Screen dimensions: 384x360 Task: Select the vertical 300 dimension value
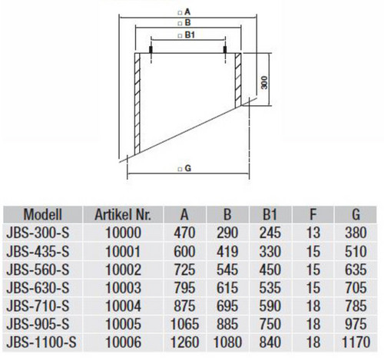coord(264,83)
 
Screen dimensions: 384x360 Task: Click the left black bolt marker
coord(151,50)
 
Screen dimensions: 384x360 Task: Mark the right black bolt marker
coord(225,50)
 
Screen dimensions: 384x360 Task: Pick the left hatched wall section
coord(137,104)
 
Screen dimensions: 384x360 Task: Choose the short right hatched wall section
coord(238,80)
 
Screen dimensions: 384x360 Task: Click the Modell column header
coord(43,214)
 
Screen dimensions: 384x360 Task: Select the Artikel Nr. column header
coord(123,214)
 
